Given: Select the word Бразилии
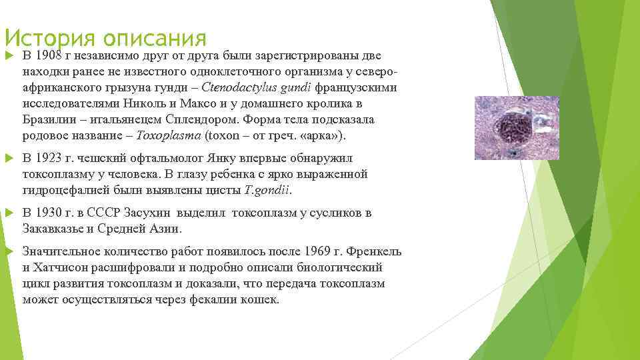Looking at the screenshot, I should pos(50,120).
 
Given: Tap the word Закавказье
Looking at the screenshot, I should pos(56,229).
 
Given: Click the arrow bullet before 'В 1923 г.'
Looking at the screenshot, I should pos(8,159).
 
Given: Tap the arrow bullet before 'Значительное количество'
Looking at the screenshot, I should pos(8,251).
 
